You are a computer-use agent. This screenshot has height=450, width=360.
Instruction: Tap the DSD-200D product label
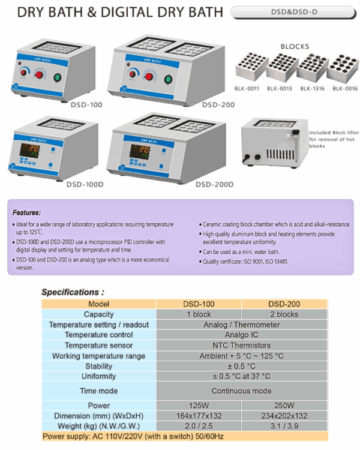[214, 184]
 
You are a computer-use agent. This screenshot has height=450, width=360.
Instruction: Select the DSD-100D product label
[85, 184]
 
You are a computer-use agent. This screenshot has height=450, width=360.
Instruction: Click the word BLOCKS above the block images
[295, 46]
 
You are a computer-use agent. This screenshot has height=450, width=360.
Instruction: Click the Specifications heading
[73, 292]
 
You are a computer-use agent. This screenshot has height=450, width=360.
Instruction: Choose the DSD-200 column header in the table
[284, 304]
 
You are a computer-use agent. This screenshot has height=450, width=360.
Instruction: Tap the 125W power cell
[199, 405]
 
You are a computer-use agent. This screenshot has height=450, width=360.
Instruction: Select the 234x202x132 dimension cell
[284, 415]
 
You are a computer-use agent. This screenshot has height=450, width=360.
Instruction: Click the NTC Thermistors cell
[242, 346]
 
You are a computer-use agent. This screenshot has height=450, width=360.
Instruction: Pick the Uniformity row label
[98, 376]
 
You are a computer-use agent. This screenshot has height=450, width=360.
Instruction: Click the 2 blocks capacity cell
[284, 314]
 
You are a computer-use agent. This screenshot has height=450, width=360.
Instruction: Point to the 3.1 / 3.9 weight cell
[284, 425]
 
